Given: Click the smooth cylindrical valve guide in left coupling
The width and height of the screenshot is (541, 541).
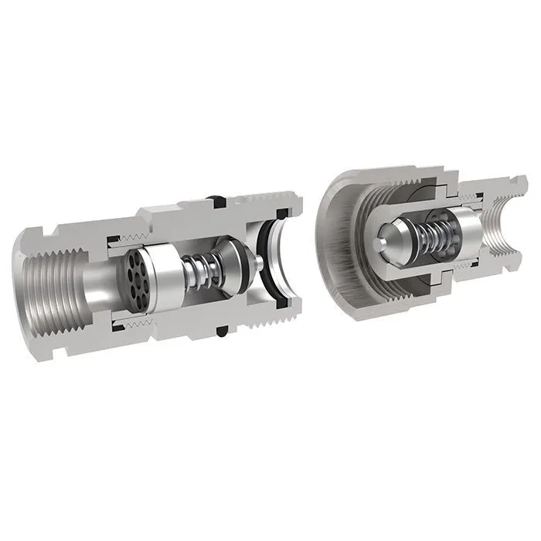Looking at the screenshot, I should [165, 278].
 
